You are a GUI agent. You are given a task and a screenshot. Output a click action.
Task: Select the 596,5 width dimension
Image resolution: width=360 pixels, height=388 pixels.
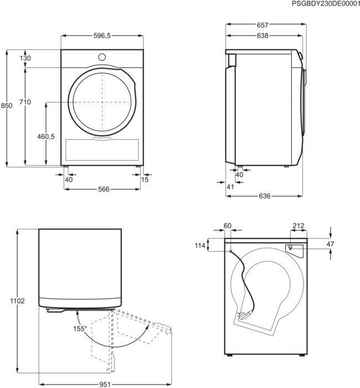tap(102, 35)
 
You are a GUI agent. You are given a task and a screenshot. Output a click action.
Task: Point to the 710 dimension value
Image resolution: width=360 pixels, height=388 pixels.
tap(25, 102)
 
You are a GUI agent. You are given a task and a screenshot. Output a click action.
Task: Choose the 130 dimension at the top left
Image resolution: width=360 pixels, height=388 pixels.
tap(25, 58)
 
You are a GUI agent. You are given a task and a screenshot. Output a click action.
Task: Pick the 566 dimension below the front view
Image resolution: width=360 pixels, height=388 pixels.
tap(104, 190)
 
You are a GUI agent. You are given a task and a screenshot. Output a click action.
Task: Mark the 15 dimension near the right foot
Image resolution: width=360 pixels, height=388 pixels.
tap(145, 180)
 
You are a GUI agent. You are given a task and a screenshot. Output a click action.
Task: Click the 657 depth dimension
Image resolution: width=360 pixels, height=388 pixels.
tap(263, 25)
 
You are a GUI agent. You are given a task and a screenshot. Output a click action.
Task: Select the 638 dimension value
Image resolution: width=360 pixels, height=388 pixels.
tap(263, 36)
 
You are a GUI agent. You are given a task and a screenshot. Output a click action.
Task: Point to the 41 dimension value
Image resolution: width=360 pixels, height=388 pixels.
tap(231, 187)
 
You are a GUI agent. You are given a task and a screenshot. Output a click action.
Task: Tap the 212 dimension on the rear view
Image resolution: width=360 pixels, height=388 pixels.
tap(299, 225)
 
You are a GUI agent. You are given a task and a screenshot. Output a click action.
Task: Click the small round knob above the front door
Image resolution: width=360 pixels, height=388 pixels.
tap(102, 57)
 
